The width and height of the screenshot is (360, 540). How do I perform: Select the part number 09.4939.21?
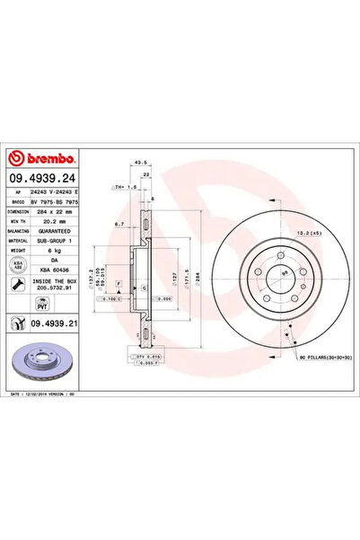tap(54, 321)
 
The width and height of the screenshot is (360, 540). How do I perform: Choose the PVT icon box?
tap(17, 305)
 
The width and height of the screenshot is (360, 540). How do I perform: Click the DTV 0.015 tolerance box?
tap(147, 357)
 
